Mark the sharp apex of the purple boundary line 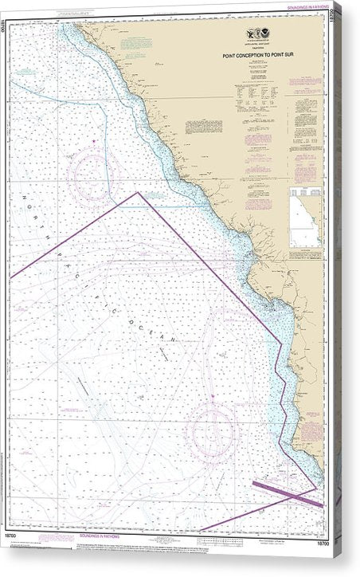coord(138,192)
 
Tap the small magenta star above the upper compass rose coord(94,141)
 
